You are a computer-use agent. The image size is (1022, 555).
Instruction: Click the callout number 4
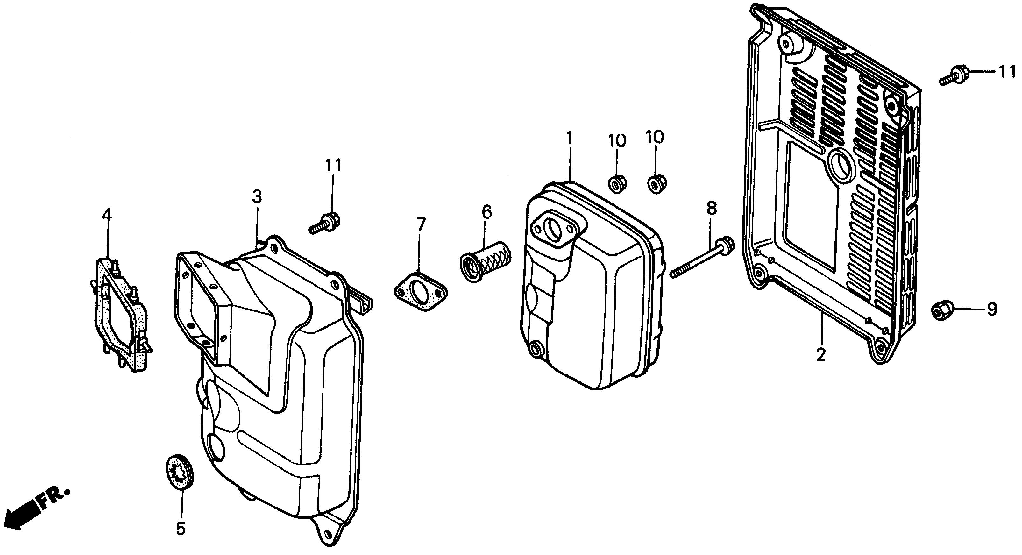click(x=107, y=216)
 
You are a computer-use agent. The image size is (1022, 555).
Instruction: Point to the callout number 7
click(x=421, y=225)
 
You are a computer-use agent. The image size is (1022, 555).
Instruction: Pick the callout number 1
click(x=569, y=139)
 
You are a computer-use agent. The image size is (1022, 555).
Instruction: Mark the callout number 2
click(x=820, y=355)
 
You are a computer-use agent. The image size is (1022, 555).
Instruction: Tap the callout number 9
click(x=992, y=309)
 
